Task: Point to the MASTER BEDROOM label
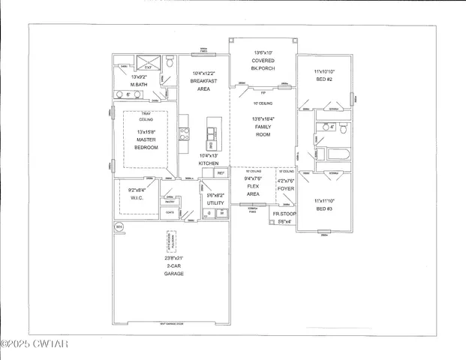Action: (146, 142)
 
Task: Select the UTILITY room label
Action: (215, 202)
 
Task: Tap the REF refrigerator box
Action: (221, 172)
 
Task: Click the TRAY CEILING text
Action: (146, 116)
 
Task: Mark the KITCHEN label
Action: (208, 163)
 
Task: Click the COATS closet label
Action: (171, 212)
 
